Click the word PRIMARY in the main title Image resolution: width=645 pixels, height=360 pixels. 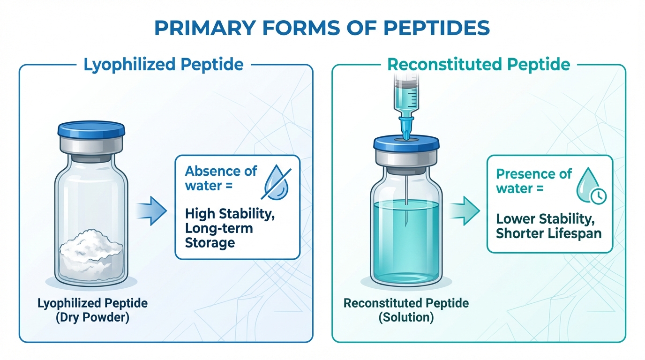(205, 28)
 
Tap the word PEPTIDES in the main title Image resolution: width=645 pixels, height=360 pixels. (436, 28)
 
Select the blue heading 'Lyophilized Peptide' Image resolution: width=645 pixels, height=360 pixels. (164, 65)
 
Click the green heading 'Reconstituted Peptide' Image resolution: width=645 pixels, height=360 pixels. (479, 65)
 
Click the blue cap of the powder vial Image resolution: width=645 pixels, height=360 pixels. (91, 129)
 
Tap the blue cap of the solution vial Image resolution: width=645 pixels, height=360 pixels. (406, 143)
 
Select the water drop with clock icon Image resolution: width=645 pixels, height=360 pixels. (591, 186)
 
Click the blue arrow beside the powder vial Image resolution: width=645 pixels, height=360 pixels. (151, 211)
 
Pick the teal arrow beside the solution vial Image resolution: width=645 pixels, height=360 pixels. (464, 211)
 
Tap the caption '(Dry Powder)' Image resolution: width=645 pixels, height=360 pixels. (92, 317)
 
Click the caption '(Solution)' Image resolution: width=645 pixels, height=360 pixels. (406, 317)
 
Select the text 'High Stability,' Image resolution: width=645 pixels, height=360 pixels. (230, 214)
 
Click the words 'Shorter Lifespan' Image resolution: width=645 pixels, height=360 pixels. (549, 233)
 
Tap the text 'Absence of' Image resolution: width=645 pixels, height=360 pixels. (221, 172)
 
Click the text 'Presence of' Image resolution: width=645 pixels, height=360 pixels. (534, 174)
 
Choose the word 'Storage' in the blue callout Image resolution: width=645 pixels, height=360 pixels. (210, 242)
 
